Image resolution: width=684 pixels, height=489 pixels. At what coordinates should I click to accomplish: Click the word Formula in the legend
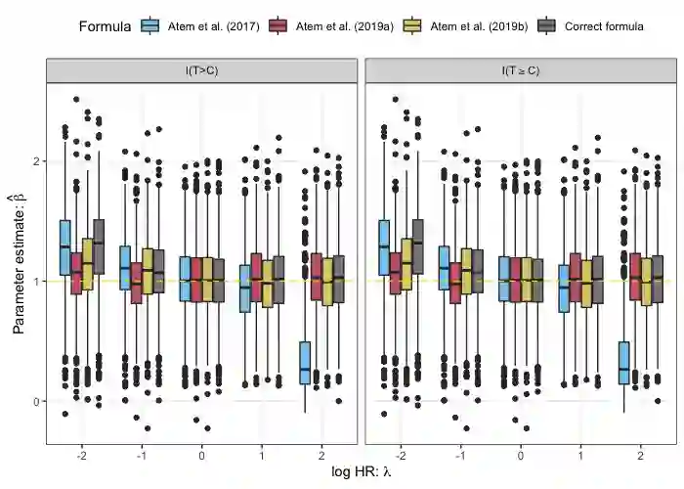tap(105, 26)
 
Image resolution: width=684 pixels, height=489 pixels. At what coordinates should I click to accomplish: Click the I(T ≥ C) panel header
tap(520, 70)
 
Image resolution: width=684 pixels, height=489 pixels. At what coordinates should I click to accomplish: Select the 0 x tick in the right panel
tap(520, 456)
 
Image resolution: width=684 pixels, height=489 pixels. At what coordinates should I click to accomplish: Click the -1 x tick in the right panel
tap(459, 456)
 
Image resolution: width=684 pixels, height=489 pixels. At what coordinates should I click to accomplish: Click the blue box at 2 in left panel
tap(305, 362)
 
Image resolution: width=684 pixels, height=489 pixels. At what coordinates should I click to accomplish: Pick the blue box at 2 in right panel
tap(623, 362)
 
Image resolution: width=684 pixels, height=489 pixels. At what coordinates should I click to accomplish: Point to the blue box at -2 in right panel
tap(383, 247)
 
